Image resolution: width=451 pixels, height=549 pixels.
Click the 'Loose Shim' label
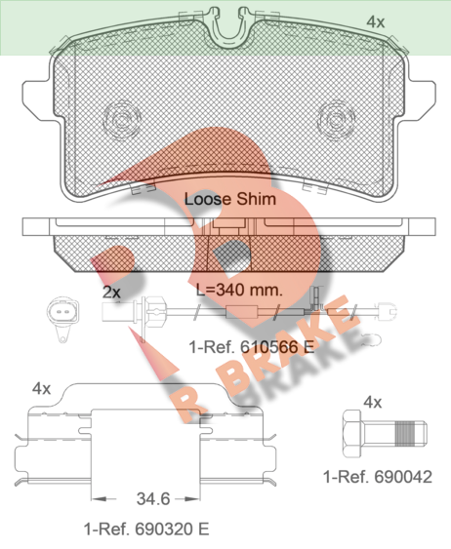click(x=230, y=199)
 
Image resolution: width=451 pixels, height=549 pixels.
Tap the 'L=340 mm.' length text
click(x=239, y=290)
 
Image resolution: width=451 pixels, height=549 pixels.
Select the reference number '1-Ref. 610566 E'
click(x=252, y=347)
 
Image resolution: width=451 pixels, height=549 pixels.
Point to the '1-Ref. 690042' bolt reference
click(x=378, y=477)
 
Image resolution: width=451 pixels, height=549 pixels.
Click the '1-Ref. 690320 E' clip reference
click(x=146, y=529)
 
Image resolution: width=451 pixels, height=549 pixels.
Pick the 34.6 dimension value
click(x=153, y=498)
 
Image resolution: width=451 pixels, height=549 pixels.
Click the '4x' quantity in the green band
click(x=375, y=22)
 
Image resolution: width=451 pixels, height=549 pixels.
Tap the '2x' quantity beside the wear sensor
click(x=111, y=292)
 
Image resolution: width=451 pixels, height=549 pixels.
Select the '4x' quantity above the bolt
click(x=373, y=403)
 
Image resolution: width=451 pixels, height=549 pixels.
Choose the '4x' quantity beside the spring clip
click(x=41, y=388)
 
